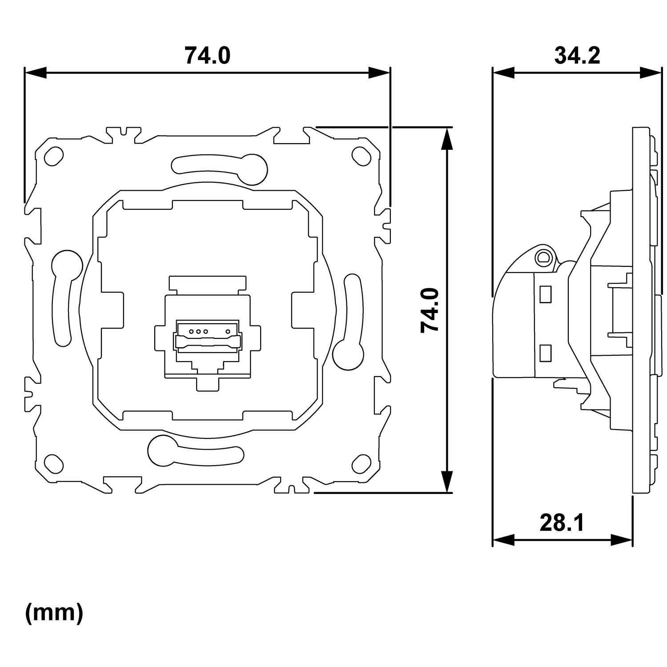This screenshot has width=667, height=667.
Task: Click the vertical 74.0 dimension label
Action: (x=430, y=310)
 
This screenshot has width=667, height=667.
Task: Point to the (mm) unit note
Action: (x=54, y=613)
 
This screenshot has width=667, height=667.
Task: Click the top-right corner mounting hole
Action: (x=361, y=154)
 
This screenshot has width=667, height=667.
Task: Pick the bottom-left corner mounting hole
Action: (x=53, y=463)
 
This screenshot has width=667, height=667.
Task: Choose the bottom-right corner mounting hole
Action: (x=361, y=463)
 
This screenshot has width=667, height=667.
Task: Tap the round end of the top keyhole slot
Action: (x=253, y=169)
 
